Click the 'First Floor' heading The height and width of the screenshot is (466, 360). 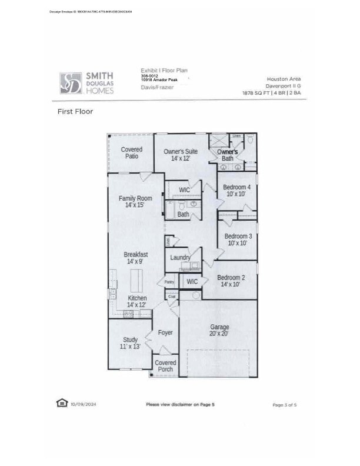click(75, 111)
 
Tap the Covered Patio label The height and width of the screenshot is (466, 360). click(132, 153)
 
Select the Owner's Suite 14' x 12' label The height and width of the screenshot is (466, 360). click(181, 155)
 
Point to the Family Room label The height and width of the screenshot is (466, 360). click(135, 202)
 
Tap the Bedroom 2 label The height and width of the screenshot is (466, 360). click(231, 281)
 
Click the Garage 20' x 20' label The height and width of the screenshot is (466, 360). click(219, 330)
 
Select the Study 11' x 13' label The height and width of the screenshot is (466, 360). click(131, 344)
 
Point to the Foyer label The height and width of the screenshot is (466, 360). click(165, 333)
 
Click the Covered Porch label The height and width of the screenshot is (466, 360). click(165, 366)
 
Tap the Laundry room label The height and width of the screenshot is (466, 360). click(180, 258)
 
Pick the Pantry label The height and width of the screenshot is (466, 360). click(169, 282)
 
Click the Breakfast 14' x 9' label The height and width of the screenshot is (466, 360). click(135, 258)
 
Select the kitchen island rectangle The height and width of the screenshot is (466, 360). click(136, 281)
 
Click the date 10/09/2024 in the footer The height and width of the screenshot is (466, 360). click(82, 404)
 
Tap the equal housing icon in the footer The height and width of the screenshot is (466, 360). click(61, 403)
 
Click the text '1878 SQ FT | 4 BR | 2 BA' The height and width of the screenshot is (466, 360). click(271, 93)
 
